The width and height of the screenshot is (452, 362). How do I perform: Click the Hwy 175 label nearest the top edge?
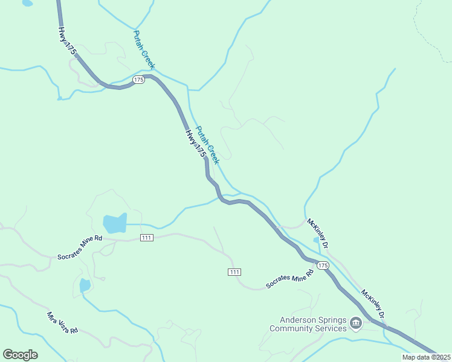[67, 41]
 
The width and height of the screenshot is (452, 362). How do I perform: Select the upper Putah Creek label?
[144, 49]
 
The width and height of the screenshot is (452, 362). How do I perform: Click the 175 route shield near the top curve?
[139, 80]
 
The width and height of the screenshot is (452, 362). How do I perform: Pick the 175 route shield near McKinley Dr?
[323, 265]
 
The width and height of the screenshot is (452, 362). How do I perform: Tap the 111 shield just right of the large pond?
[146, 238]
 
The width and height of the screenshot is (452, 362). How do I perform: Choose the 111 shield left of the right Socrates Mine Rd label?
[235, 272]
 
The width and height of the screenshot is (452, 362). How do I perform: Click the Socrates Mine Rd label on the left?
[80, 248]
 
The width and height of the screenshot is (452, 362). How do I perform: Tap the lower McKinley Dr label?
[373, 305]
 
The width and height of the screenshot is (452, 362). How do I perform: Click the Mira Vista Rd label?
[63, 323]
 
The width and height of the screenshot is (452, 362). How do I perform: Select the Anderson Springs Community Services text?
[308, 325]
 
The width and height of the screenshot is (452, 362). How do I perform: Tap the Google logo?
[20, 355]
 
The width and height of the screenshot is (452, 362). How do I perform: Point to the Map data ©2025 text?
[427, 357]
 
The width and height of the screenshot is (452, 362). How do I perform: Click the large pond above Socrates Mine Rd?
[115, 223]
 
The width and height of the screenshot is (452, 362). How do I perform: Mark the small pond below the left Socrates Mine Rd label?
[85, 285]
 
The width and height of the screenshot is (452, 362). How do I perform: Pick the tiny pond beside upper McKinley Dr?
[316, 240]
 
